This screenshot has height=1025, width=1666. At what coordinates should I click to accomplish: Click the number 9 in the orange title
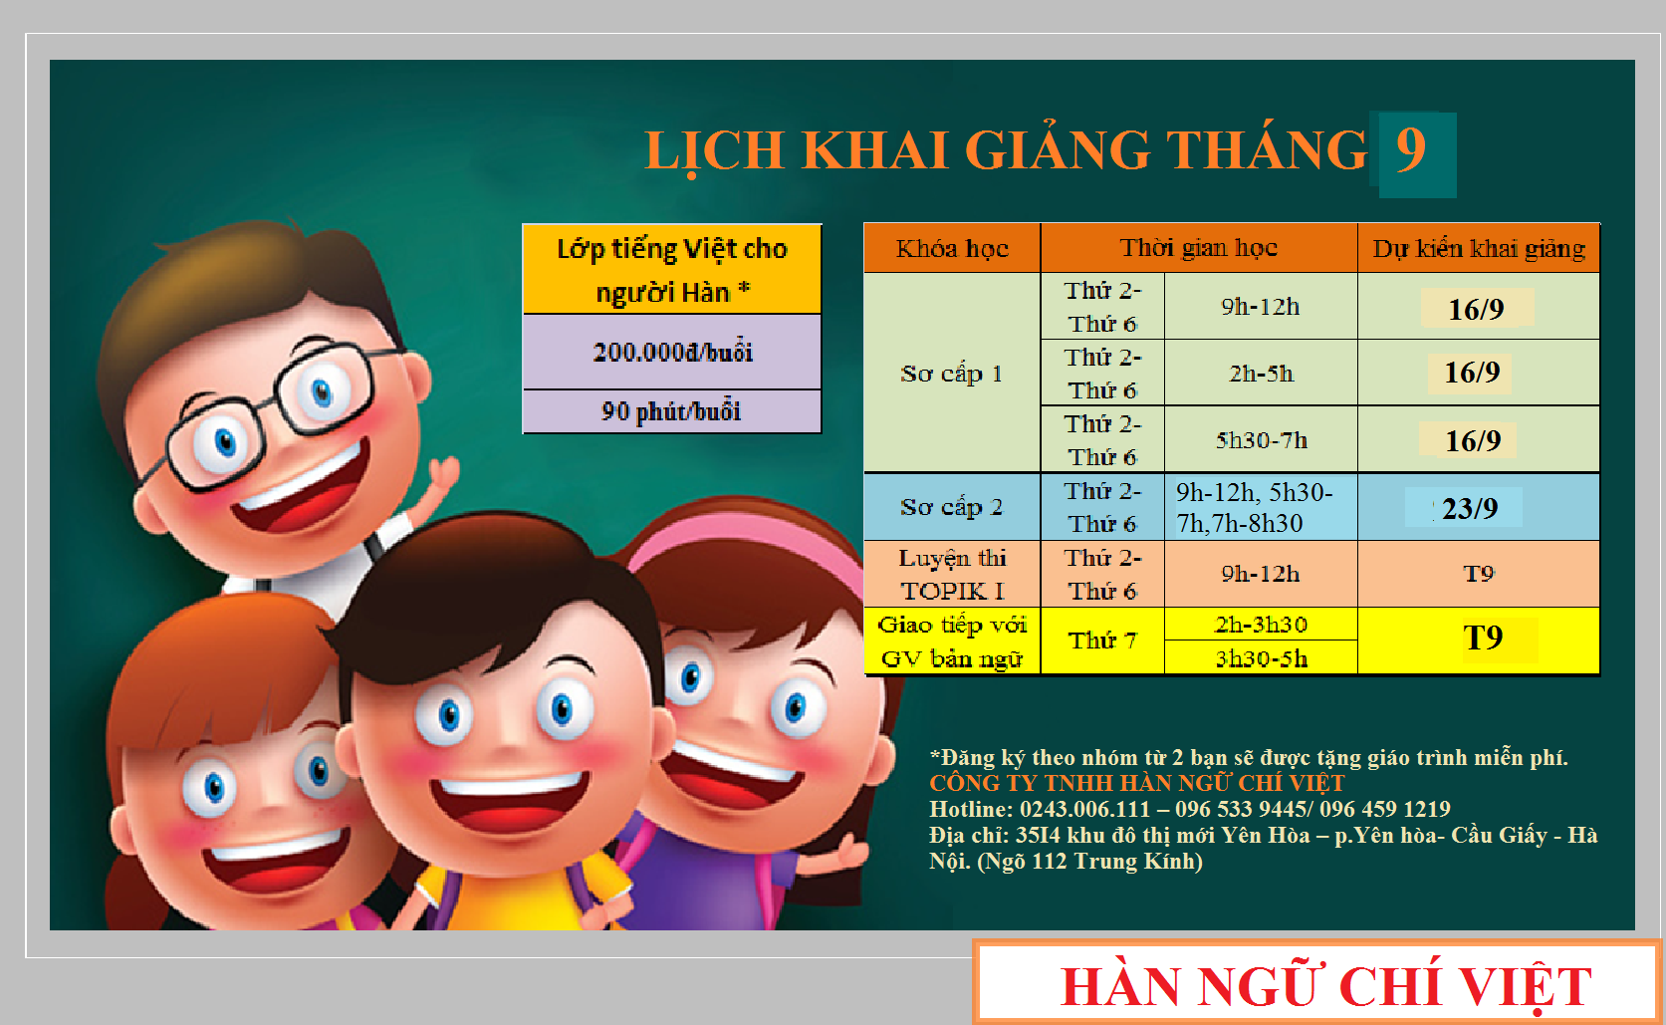pyautogui.click(x=1411, y=149)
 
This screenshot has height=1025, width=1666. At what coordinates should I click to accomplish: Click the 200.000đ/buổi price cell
pyautogui.click(x=672, y=352)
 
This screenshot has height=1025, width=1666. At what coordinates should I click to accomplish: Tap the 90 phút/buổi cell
pyautogui.click(x=672, y=411)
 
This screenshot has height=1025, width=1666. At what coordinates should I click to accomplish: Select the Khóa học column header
pyautogui.click(x=952, y=248)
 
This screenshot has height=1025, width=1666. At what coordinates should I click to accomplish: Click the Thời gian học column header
pyautogui.click(x=1199, y=248)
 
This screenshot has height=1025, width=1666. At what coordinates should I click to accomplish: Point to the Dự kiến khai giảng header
pyautogui.click(x=1479, y=248)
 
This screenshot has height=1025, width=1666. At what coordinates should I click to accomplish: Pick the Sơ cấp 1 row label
pyautogui.click(x=952, y=373)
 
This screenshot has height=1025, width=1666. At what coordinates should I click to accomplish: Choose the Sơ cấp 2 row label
pyautogui.click(x=952, y=507)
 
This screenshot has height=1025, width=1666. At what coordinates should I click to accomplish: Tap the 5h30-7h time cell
pyautogui.click(x=1262, y=439)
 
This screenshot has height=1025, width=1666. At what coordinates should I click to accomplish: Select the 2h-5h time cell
pyautogui.click(x=1262, y=373)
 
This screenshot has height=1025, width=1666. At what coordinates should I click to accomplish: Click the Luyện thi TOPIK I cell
pyautogui.click(x=952, y=574)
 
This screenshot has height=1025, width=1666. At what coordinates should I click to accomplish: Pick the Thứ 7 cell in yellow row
pyautogui.click(x=1103, y=641)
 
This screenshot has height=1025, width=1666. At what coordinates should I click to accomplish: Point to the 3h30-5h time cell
pyautogui.click(x=1262, y=658)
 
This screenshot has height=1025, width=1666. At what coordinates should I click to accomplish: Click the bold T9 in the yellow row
pyautogui.click(x=1483, y=639)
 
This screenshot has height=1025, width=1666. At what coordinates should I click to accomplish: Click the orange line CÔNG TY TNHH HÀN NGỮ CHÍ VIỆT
pyautogui.click(x=1137, y=783)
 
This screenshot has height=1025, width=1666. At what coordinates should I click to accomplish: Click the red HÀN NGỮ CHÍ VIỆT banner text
pyautogui.click(x=1326, y=987)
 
